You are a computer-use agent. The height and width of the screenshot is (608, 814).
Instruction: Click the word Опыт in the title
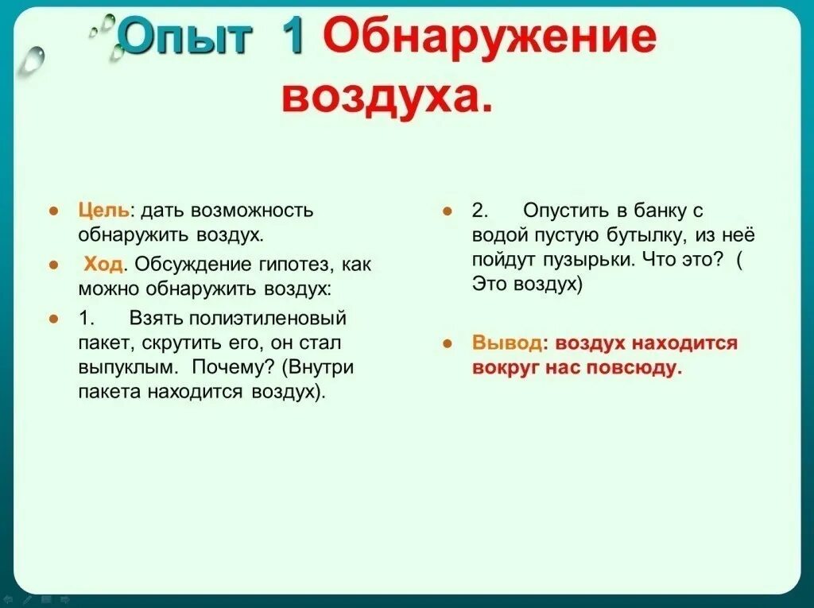(x=185, y=37)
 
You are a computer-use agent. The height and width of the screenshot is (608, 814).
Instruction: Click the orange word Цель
(x=103, y=211)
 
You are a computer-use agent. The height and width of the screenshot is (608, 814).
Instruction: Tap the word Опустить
(x=560, y=211)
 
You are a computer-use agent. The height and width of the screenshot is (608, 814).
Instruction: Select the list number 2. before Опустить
(x=479, y=211)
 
